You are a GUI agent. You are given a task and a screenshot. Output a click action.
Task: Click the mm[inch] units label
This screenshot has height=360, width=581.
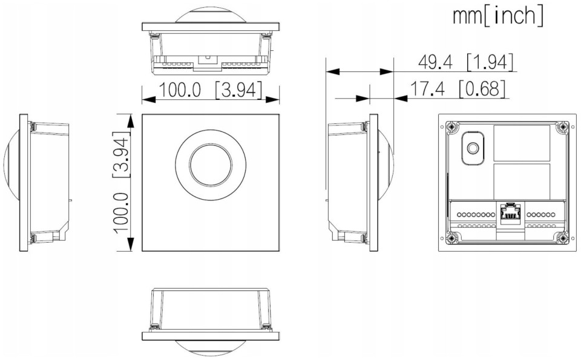point(498,16)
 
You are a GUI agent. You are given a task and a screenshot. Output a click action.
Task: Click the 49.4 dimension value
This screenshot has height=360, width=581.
point(435,62)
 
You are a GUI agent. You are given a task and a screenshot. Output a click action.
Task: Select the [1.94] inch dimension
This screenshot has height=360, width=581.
point(490,62)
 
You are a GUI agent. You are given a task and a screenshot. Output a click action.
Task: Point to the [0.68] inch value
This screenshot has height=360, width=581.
point(482,88)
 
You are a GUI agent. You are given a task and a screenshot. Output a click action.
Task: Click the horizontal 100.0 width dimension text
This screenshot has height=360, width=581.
point(180,90)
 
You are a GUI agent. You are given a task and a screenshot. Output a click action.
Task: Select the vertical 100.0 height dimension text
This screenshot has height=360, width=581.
point(121,213)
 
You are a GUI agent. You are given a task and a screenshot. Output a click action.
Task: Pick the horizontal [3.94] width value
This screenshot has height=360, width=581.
point(238,90)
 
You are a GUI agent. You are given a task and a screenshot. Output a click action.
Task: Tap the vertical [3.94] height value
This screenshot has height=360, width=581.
point(121,154)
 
